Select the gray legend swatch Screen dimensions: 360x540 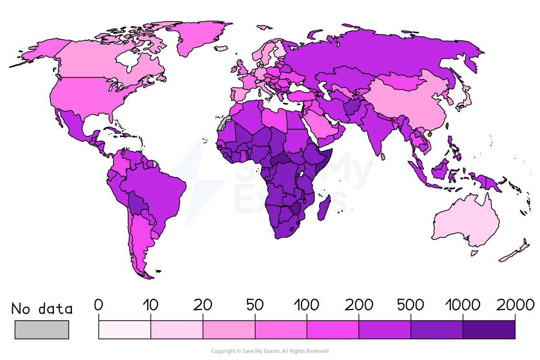click(42, 330)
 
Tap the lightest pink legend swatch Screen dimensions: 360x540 click(125, 330)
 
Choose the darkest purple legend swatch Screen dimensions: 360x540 click(488, 330)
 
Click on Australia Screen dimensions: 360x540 click(466, 221)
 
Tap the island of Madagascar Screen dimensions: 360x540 click(324, 208)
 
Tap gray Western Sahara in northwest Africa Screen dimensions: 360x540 click(224, 123)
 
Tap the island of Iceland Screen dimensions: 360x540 click(221, 49)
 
